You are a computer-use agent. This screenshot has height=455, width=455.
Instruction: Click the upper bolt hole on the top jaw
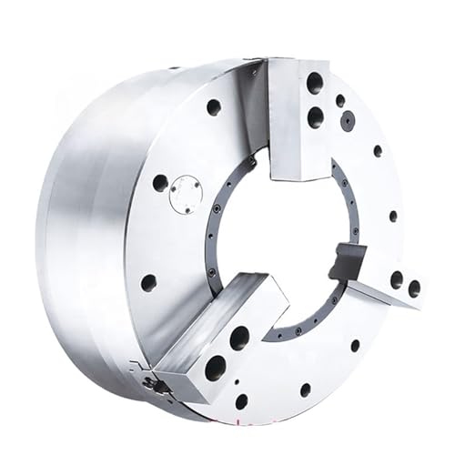tap(314, 84)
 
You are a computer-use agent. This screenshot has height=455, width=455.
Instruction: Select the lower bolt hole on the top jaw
tap(315, 116)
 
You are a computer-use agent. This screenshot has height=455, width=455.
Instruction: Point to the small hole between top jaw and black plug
tap(339, 100)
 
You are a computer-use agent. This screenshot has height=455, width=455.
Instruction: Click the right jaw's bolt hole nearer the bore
tap(397, 279)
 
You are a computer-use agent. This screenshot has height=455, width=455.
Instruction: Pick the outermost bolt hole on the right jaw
tap(414, 288)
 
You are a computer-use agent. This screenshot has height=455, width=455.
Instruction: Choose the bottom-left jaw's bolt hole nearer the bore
tap(239, 339)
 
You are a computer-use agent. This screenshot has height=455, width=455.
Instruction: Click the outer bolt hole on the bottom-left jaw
tap(216, 368)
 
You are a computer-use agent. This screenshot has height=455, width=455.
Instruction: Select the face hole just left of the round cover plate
tap(160, 183)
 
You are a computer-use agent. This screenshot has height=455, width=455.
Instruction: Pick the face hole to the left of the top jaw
tap(214, 106)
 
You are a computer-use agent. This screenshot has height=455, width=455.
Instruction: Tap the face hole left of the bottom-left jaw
tap(148, 282)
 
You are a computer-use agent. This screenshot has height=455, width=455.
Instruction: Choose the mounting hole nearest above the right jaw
tap(393, 217)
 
